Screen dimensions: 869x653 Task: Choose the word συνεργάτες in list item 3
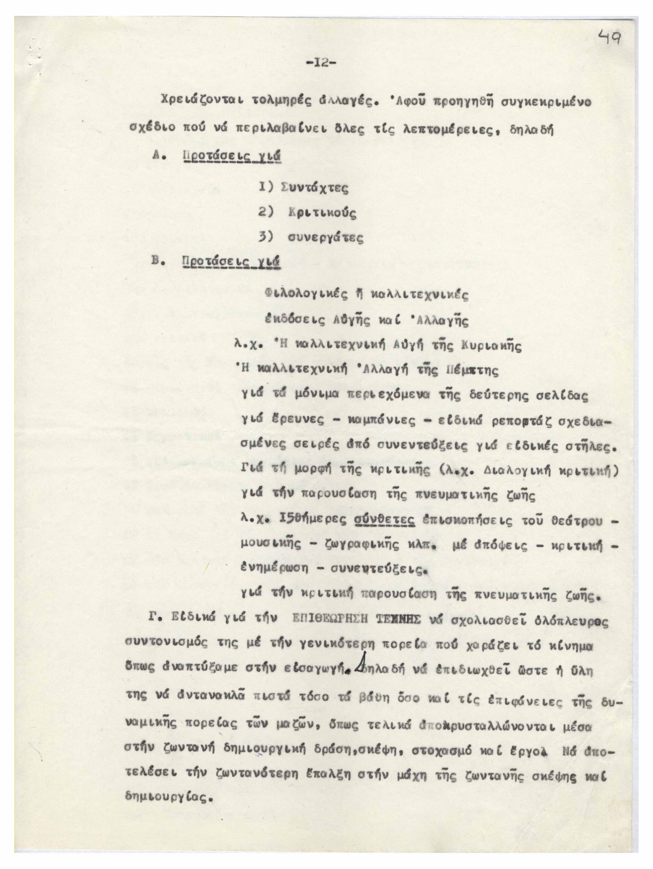pos(325,237)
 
